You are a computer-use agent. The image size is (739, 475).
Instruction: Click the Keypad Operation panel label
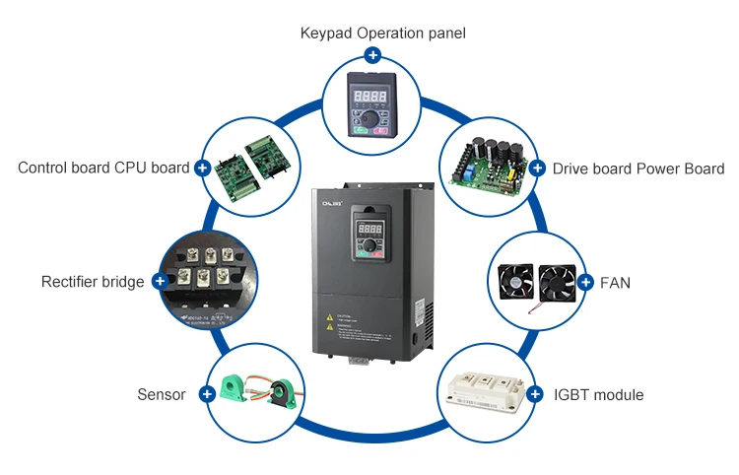point(382,34)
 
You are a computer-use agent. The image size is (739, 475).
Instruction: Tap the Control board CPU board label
point(103,168)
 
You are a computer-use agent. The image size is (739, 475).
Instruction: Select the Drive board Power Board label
point(638,169)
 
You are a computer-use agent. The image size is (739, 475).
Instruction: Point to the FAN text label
point(615,283)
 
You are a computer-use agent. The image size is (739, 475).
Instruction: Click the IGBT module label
point(598,395)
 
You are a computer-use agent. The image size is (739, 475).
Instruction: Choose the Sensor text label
point(162,395)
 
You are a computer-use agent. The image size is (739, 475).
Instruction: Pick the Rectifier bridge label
point(93,282)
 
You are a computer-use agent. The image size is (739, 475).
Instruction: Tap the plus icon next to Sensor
point(206,394)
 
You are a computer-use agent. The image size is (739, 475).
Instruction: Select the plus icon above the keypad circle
point(372,54)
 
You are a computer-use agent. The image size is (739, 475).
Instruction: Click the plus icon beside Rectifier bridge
point(159,282)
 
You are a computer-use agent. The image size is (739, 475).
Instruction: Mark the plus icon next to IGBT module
point(535,394)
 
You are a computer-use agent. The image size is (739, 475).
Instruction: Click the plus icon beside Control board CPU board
point(202,168)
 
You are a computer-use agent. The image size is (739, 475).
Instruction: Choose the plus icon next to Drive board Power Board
point(537,168)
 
